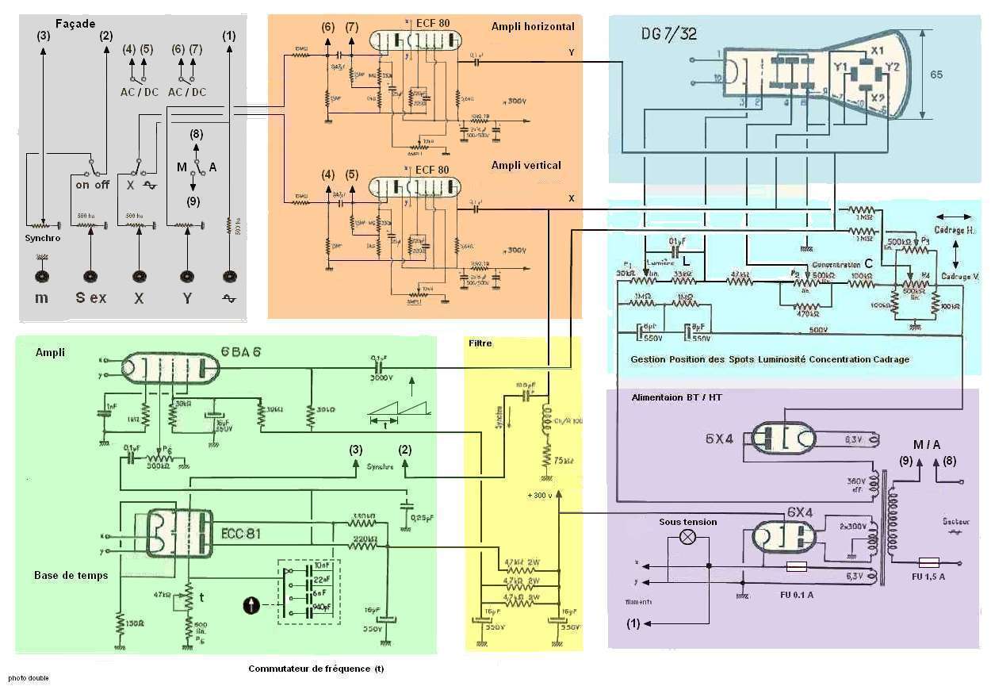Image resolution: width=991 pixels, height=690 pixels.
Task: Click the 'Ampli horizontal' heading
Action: click(533, 26)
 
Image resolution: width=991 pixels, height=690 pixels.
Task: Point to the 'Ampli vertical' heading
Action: click(526, 165)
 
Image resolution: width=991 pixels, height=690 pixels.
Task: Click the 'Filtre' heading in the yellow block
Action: click(480, 343)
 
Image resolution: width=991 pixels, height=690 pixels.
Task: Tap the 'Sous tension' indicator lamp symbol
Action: click(688, 536)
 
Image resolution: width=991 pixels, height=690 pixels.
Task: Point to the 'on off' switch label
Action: click(93, 186)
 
